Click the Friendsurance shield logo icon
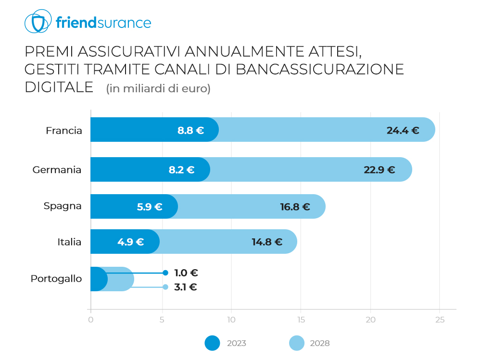[x=38, y=22]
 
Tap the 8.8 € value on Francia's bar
[x=190, y=130]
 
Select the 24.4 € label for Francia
[x=403, y=130]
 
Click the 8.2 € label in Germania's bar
[x=181, y=170]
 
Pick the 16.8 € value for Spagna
[x=295, y=207]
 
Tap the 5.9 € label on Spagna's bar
[x=150, y=207]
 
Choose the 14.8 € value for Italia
[x=267, y=242]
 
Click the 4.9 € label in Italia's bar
[x=130, y=242]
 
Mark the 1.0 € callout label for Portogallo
[x=186, y=273]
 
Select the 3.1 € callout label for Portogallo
[x=186, y=287]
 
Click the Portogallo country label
[x=56, y=279]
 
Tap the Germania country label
[x=57, y=170]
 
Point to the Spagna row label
[x=63, y=206]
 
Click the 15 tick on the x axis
[x=301, y=320]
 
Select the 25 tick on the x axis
[x=440, y=320]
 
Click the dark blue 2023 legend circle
[x=212, y=343]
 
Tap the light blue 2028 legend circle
[x=297, y=343]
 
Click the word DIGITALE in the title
[x=59, y=87]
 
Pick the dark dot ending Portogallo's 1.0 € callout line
[x=165, y=273]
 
